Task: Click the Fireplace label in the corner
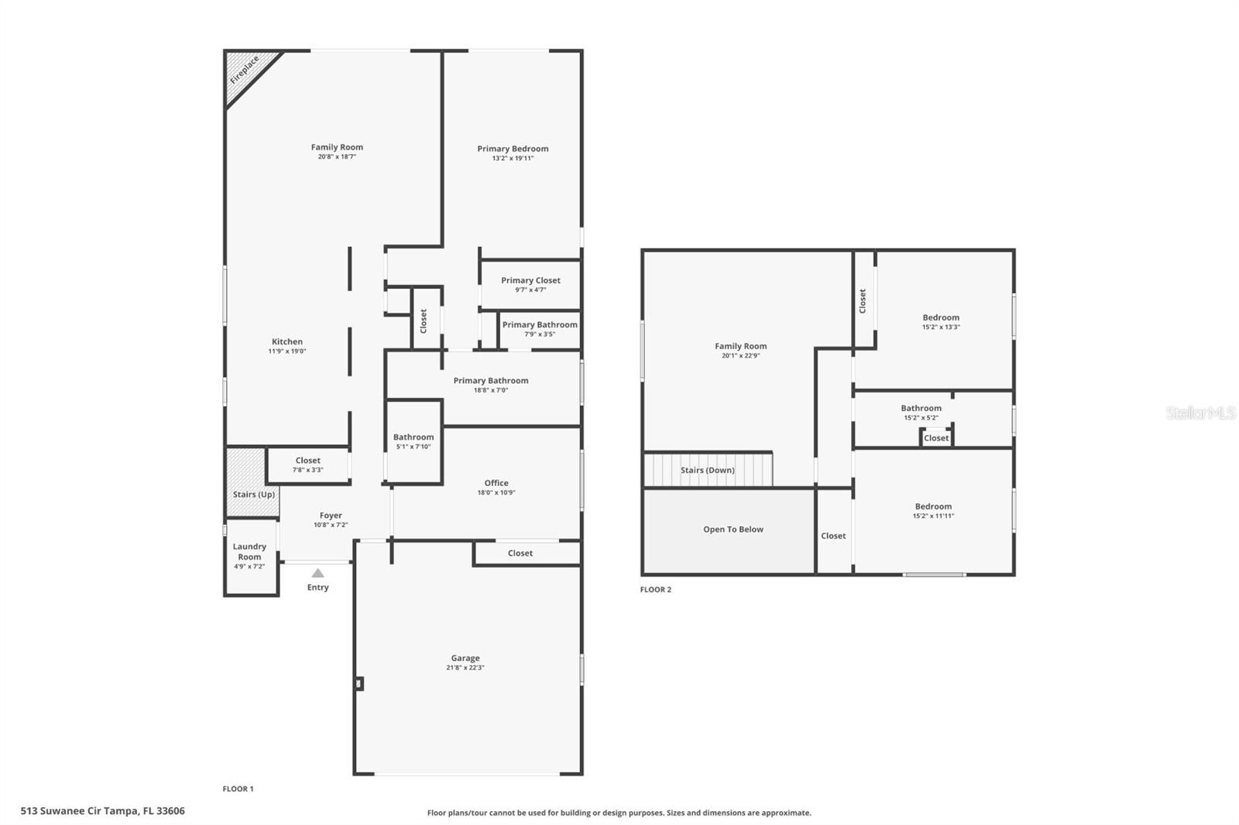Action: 245,70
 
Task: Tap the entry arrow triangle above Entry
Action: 317,573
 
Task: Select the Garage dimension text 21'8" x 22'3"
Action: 465,668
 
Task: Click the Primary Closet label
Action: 530,280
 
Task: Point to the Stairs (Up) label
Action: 254,495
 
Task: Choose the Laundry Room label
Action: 249,551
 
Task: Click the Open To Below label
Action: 733,529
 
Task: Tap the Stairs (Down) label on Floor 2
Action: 707,470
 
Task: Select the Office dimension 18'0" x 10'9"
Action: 496,492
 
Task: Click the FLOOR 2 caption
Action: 655,590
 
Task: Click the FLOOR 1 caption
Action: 238,789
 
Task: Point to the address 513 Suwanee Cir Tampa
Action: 102,811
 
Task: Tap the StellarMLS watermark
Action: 1200,413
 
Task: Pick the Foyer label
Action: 331,515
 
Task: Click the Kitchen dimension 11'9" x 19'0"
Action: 287,351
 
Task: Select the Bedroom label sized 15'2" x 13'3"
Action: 941,317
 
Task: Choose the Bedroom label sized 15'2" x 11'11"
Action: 933,506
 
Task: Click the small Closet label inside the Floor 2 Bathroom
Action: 935,438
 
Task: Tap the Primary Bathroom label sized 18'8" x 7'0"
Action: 491,380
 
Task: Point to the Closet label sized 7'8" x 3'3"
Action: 307,460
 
